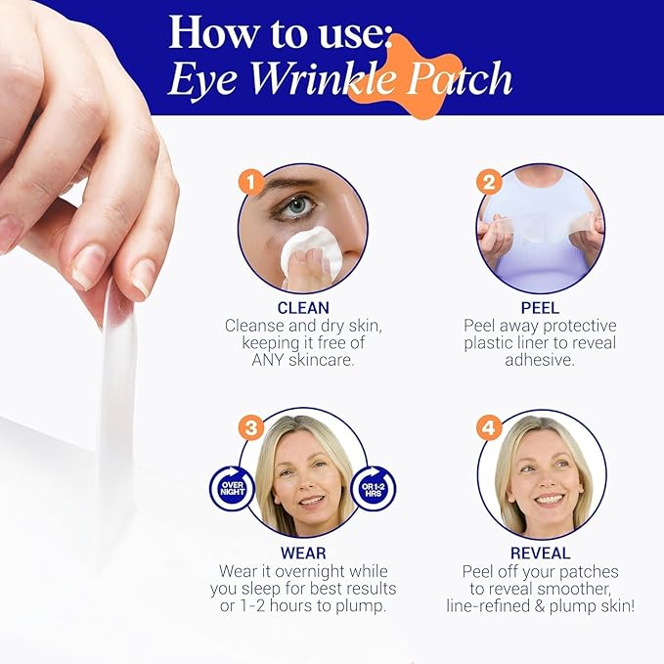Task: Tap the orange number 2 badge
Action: coord(489,182)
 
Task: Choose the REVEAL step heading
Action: coord(540,553)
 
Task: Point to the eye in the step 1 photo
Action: coord(300,206)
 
